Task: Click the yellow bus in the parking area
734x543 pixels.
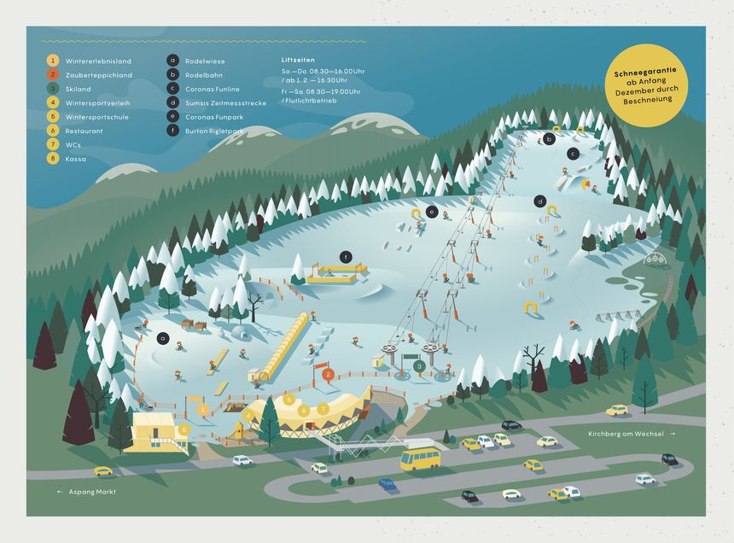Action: [420, 458]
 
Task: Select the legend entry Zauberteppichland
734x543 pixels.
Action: [98, 75]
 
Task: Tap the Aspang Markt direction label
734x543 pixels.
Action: [90, 492]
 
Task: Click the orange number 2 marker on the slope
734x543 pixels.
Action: [328, 374]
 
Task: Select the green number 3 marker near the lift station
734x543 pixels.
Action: [419, 365]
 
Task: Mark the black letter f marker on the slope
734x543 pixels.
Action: [346, 257]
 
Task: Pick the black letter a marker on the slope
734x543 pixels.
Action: [161, 337]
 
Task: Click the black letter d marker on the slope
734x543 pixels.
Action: [539, 201]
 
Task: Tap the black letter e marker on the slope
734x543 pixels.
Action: [432, 211]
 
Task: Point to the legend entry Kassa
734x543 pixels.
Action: [75, 158]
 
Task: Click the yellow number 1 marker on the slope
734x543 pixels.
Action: [202, 409]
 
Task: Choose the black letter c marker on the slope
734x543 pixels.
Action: [574, 153]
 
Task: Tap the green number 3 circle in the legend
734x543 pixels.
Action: [52, 89]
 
